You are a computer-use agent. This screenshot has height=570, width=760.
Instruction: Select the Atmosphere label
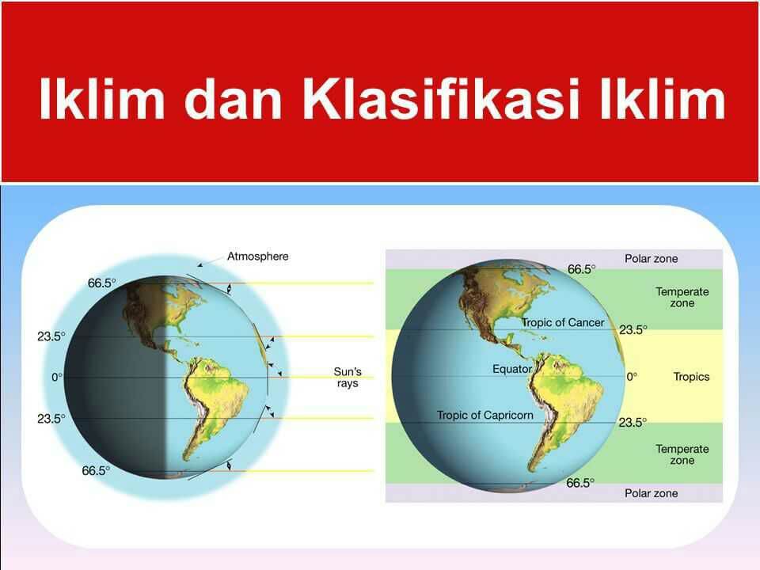coord(257,256)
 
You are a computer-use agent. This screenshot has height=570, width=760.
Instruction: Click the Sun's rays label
coord(348,377)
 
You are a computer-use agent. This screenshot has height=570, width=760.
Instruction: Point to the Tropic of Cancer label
coord(562,323)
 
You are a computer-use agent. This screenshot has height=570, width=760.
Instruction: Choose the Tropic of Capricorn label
coord(485,415)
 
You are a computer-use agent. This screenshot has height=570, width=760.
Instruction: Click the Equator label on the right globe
coord(512,370)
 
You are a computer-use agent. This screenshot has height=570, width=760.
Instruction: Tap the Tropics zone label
coord(691,377)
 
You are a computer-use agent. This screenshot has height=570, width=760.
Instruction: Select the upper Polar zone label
coord(651,259)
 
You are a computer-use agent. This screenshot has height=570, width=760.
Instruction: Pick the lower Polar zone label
coord(651,493)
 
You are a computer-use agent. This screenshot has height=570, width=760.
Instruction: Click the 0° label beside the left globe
coord(57,378)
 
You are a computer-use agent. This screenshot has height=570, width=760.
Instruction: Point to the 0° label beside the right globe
coord(631,378)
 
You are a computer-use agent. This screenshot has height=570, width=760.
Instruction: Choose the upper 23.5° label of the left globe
coord(51,336)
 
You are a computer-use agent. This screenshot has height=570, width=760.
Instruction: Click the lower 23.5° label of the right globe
coord(633,423)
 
